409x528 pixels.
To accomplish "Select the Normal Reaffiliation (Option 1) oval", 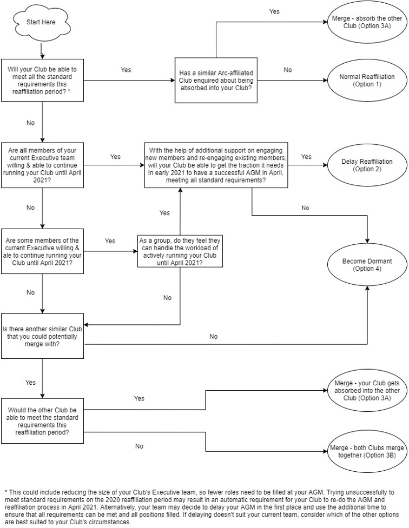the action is point(367,81).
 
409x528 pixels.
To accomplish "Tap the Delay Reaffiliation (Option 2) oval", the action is point(367,165).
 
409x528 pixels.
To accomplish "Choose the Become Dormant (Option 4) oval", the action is point(367,265).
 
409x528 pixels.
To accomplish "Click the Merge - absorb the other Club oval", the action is point(367,22).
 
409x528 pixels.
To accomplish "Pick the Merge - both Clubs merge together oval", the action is point(367,452).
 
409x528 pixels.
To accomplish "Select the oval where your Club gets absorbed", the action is point(367,391).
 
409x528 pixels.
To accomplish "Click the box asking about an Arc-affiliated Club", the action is point(216,80).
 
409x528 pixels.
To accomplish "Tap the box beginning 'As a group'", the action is point(180,251).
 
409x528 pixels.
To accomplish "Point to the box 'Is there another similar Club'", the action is point(43,336).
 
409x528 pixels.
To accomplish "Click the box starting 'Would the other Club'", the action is point(43,421).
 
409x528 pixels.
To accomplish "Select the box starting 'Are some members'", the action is point(43,251).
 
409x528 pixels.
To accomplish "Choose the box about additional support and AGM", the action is point(216,165).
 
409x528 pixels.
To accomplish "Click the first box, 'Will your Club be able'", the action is point(43,80).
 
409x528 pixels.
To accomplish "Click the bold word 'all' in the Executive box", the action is point(23,150).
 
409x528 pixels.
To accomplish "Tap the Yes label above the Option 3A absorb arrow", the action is point(274,11).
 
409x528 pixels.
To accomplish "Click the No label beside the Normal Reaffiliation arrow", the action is point(288,70).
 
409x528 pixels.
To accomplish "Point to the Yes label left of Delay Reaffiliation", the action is point(306,157).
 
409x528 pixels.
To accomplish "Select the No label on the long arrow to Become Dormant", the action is point(214,336).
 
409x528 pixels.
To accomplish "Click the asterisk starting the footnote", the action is point(6,492).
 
